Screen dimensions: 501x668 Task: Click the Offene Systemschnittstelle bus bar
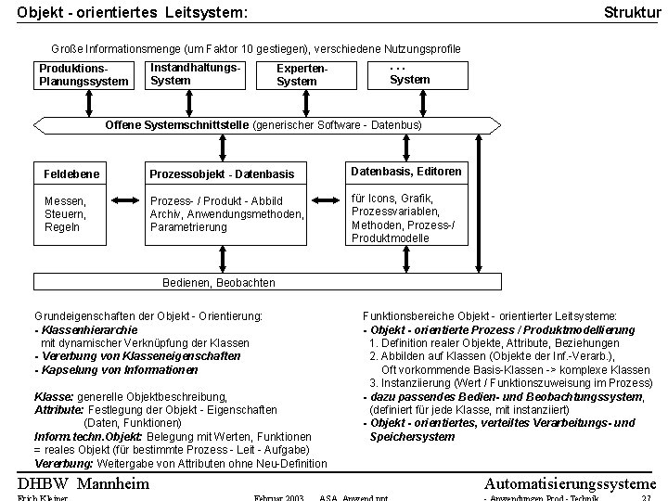coord(263,124)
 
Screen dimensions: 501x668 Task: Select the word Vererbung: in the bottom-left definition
coord(61,463)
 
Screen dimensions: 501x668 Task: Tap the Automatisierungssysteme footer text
coord(570,483)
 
